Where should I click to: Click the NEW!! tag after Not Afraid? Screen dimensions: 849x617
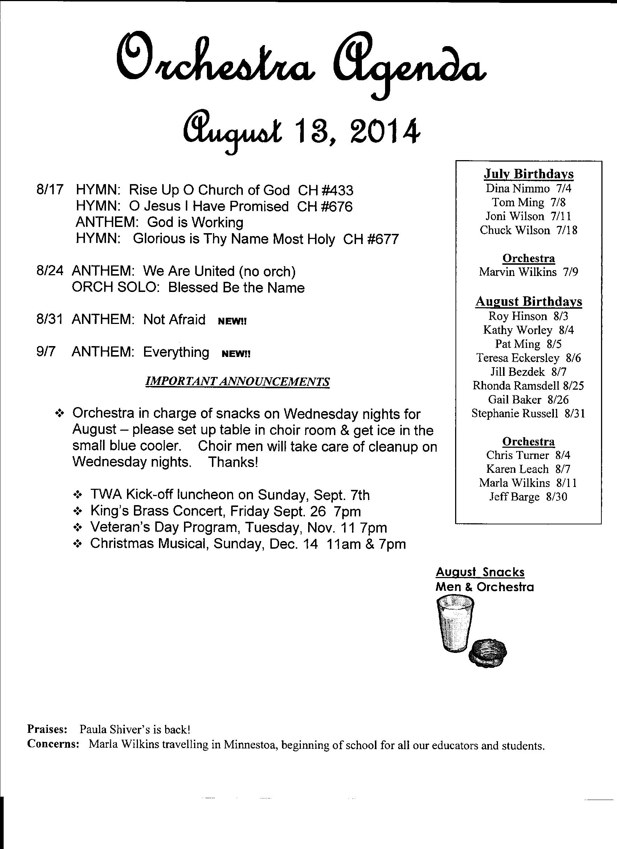232,321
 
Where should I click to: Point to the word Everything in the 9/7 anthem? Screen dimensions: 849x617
176,352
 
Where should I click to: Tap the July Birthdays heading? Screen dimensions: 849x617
528,174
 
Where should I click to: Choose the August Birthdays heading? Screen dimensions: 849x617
528,301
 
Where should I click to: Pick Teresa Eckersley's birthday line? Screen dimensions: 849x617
528,358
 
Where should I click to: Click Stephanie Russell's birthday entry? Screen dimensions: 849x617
528,413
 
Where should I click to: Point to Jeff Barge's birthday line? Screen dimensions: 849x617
528,497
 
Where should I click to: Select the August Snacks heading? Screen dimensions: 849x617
480,572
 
